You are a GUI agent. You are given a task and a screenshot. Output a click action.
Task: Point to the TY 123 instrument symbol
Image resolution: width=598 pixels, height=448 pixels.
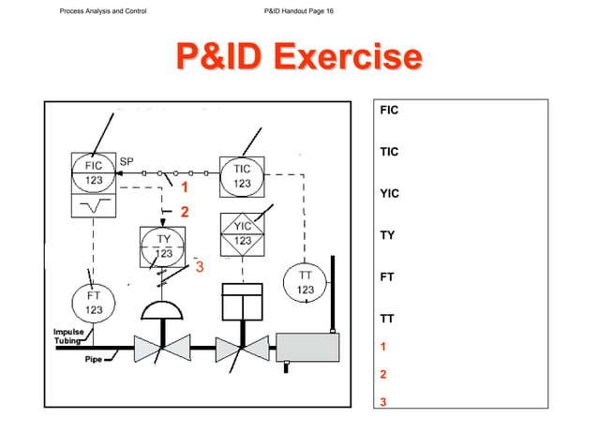[162, 246]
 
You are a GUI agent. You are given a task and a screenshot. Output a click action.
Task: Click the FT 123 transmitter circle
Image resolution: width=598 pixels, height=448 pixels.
[94, 302]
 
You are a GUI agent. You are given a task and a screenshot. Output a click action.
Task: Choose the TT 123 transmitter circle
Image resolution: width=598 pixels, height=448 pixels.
[306, 283]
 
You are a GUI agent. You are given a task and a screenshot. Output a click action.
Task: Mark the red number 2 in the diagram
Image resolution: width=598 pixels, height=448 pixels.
[184, 212]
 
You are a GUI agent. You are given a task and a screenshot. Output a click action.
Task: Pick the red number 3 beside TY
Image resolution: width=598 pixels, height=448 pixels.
[199, 267]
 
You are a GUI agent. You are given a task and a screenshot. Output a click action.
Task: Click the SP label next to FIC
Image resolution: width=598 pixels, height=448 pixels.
[127, 161]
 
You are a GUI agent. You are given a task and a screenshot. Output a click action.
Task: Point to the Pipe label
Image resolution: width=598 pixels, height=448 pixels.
[94, 358]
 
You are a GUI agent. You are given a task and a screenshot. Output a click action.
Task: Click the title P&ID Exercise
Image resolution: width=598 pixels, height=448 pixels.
[298, 57]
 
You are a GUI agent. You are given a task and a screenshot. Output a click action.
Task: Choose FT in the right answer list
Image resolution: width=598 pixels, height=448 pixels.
[386, 277]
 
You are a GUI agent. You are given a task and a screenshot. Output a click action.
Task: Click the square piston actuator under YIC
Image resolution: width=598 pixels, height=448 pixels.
[242, 305]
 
